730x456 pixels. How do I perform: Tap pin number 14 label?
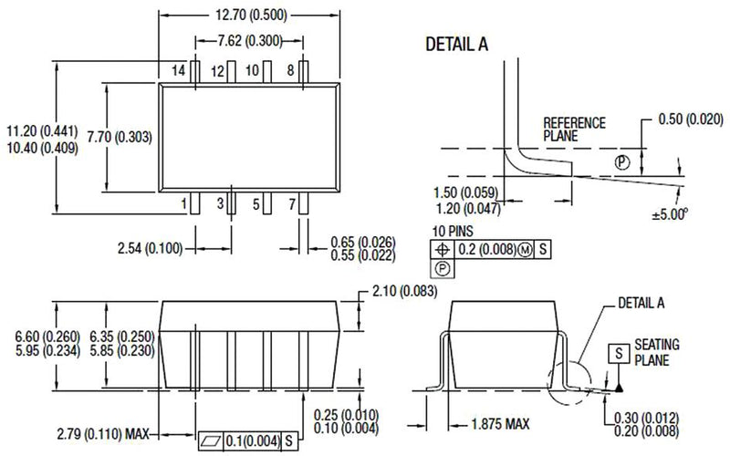(180, 70)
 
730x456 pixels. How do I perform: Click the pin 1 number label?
(184, 202)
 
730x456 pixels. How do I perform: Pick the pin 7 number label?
(292, 202)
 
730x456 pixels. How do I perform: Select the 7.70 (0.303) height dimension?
(120, 136)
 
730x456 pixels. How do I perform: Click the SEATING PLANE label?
(658, 355)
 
